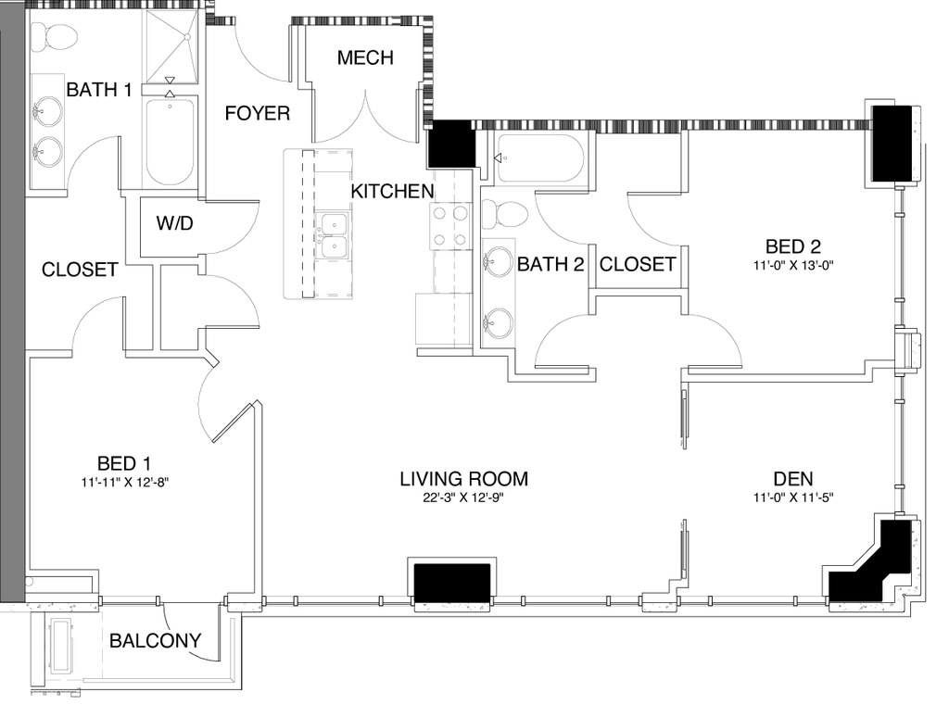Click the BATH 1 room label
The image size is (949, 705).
pyautogui.click(x=98, y=90)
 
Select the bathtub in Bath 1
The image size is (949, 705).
pyautogui.click(x=170, y=141)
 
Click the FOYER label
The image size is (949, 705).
pyautogui.click(x=257, y=114)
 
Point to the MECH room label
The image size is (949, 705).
pyautogui.click(x=365, y=58)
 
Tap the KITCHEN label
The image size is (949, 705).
pyautogui.click(x=392, y=192)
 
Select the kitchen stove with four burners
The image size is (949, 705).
pyautogui.click(x=449, y=225)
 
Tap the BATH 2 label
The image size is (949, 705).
pyautogui.click(x=550, y=265)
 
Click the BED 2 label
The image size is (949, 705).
pyautogui.click(x=793, y=246)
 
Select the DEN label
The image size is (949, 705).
pyautogui.click(x=793, y=479)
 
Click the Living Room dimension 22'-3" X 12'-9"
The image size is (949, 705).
pyautogui.click(x=463, y=497)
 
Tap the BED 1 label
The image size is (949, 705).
pyautogui.click(x=124, y=463)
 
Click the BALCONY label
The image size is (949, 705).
pyautogui.click(x=155, y=640)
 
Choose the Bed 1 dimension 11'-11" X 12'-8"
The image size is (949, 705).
pyautogui.click(x=124, y=482)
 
